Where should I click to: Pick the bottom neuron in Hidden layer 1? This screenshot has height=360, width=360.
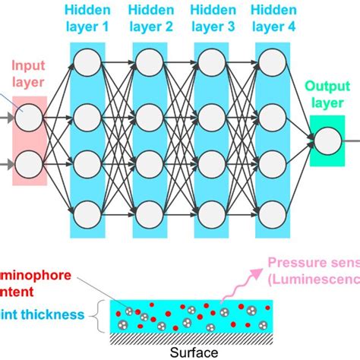pyautogui.click(x=91, y=210)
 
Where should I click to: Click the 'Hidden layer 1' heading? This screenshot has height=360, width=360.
pyautogui.click(x=91, y=20)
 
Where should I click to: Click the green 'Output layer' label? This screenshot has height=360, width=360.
pyautogui.click(x=328, y=96)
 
